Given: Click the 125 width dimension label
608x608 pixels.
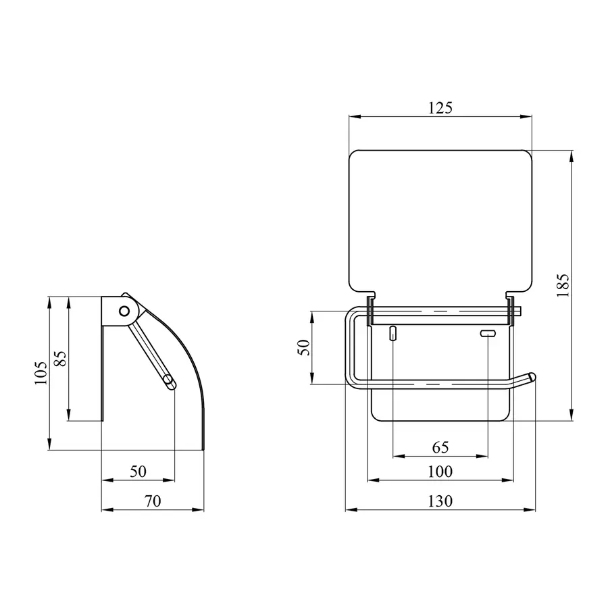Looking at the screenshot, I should [440, 107].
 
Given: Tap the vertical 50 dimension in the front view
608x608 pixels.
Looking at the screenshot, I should [304, 348].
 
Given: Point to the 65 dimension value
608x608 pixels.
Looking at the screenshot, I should [440, 448].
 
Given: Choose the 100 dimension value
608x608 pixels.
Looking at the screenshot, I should [440, 472].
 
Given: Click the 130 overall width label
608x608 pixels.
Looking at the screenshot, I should [440, 501].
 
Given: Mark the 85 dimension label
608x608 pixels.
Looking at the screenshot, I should [59, 358].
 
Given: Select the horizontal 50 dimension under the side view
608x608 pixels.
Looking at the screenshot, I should [138, 472].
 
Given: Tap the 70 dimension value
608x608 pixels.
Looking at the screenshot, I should [152, 501].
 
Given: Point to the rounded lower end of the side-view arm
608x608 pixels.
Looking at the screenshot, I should [170, 384].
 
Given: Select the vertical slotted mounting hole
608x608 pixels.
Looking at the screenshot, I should [392, 334].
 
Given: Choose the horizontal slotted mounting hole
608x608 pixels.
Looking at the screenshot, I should [487, 333].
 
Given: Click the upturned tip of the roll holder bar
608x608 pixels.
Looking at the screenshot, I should [532, 376].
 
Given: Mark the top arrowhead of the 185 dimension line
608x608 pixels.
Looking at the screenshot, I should [572, 155].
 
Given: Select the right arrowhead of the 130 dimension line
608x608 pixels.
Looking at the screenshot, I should [532, 511].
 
